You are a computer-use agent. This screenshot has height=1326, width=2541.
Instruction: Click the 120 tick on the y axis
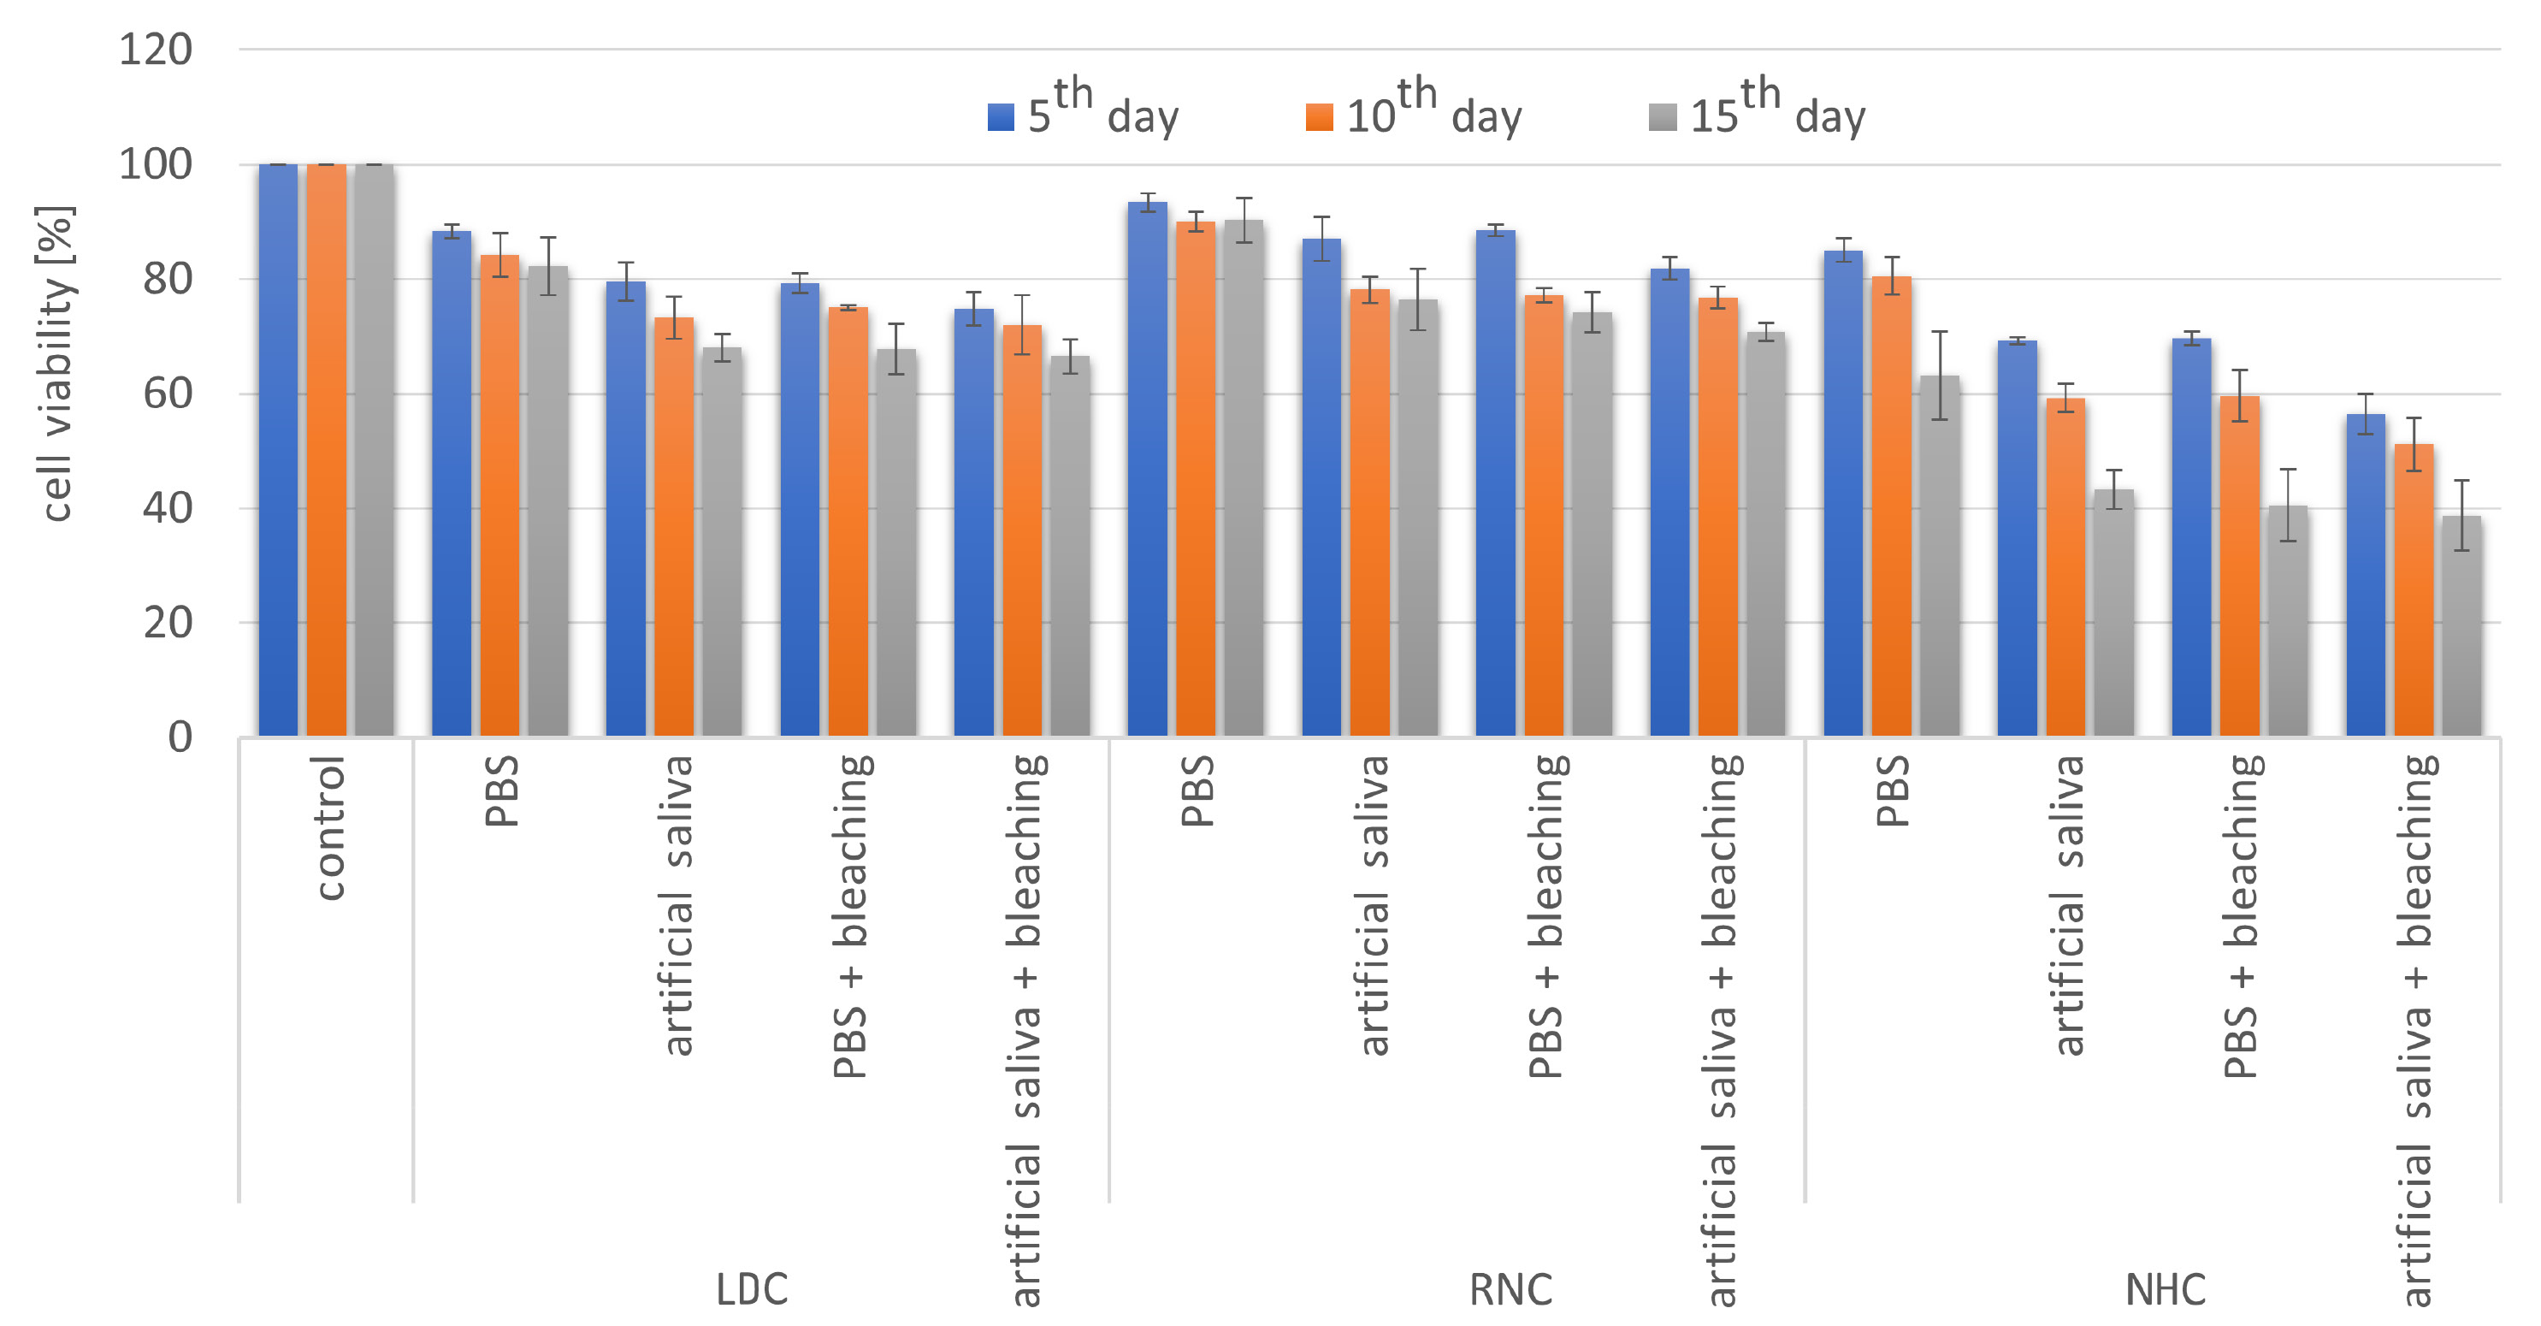[x=155, y=50]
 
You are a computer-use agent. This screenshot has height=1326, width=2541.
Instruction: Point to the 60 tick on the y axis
[x=167, y=394]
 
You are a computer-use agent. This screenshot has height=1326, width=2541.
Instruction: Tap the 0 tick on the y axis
[x=180, y=737]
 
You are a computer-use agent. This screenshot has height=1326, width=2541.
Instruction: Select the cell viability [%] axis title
[x=56, y=363]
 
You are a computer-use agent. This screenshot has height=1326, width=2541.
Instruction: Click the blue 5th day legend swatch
[x=1000, y=117]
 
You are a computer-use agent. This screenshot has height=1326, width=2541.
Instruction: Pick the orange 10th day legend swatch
[x=1318, y=117]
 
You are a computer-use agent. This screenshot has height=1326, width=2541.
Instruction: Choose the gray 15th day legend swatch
[x=1662, y=117]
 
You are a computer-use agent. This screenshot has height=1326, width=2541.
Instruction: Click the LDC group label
[x=752, y=1289]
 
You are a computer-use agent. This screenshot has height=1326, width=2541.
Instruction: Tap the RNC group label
[x=1510, y=1289]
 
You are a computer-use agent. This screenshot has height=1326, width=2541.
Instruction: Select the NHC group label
[x=2166, y=1289]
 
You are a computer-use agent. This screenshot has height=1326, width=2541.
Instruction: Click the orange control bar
[x=327, y=450]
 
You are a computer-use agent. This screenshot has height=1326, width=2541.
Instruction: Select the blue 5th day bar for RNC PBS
[x=1147, y=470]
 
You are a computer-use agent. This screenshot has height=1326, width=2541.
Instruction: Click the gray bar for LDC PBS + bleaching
[x=895, y=542]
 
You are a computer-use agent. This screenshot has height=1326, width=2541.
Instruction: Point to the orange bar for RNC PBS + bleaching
[x=1544, y=516]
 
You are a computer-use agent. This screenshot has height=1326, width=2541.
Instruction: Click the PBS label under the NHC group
[x=1892, y=790]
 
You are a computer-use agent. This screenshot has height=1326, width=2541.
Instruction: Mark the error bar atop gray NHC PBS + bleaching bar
[x=2288, y=505]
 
